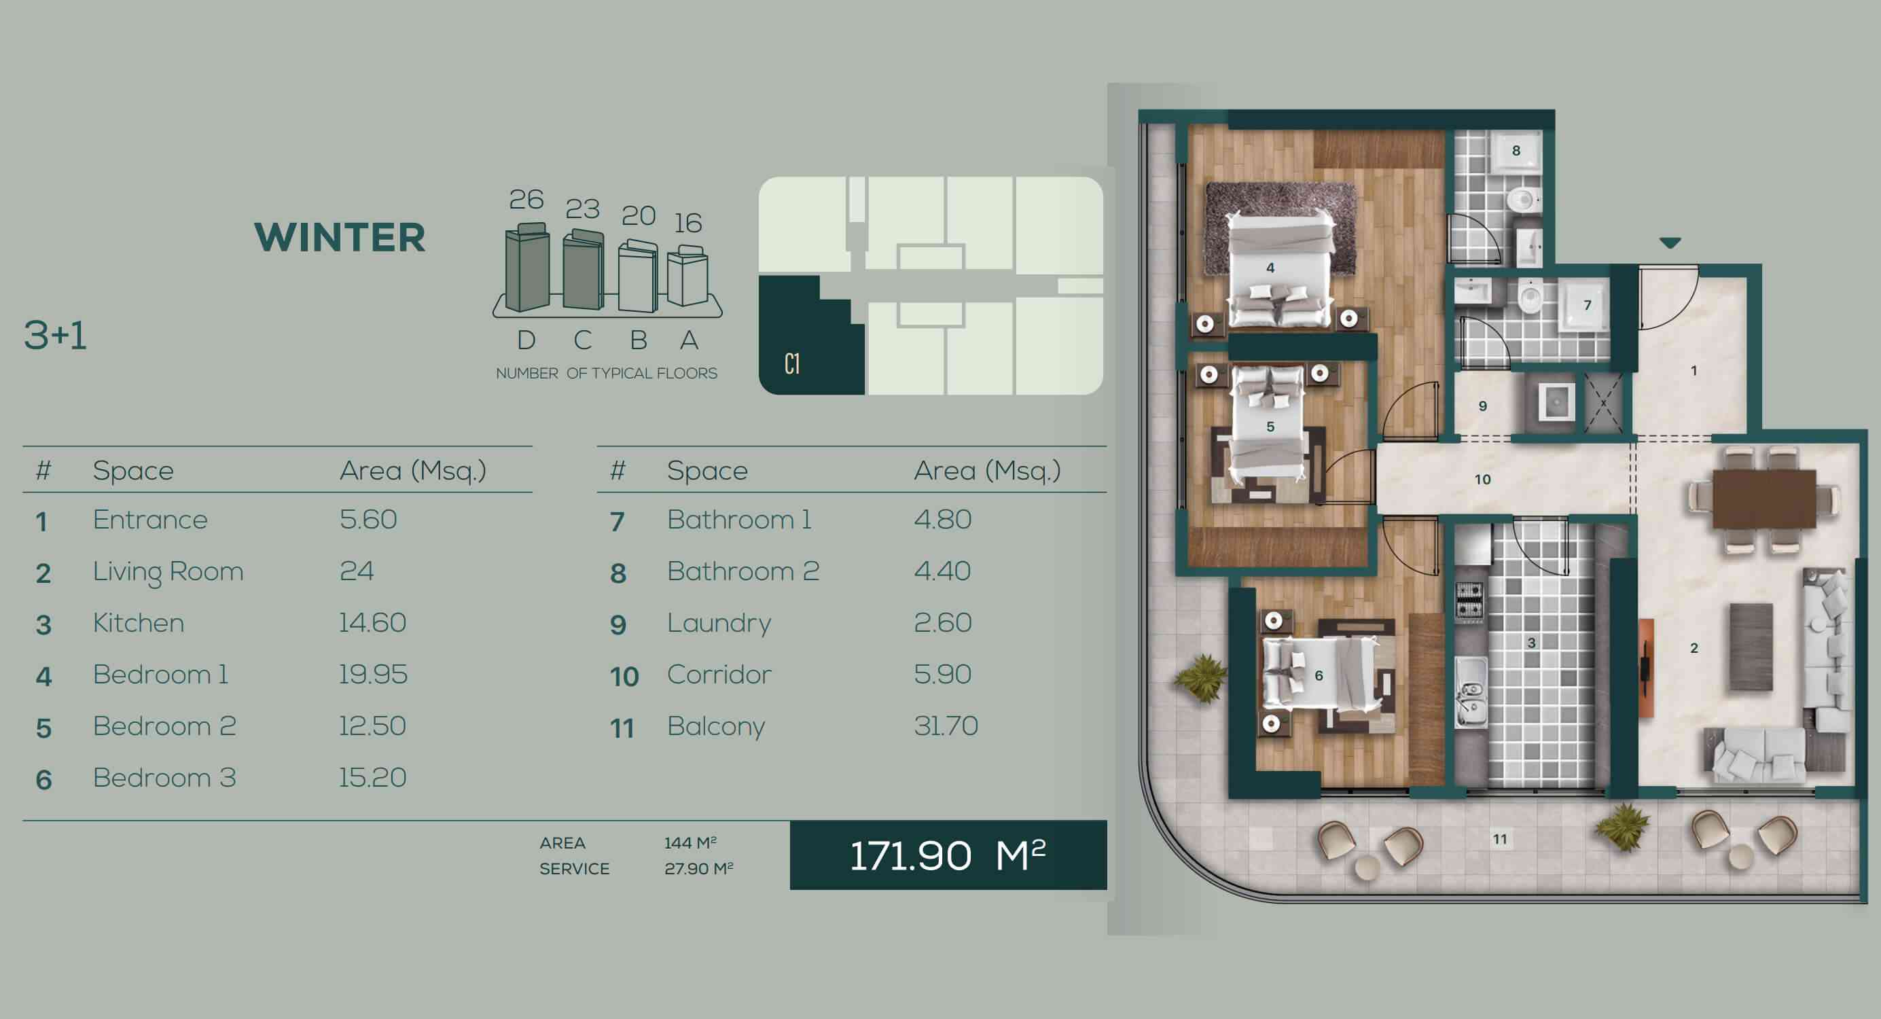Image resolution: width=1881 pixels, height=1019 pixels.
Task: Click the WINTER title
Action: coord(340,237)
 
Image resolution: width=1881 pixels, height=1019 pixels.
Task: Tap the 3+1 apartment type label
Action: coord(56,336)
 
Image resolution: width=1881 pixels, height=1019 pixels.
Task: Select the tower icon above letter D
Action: coord(527,268)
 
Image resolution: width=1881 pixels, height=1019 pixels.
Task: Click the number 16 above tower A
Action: coord(688,223)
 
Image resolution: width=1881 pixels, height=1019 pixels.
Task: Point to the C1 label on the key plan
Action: coord(792,363)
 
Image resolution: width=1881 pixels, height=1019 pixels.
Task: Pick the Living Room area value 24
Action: coord(357,571)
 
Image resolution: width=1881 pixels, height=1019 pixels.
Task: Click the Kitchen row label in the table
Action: coord(139,623)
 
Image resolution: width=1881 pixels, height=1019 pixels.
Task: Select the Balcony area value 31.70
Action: coord(946,726)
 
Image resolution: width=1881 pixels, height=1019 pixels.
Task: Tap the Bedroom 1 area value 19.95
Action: coord(373,674)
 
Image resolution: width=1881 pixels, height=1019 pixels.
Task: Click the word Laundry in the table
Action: coord(719,624)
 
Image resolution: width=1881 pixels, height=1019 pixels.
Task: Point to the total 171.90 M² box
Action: coord(948,855)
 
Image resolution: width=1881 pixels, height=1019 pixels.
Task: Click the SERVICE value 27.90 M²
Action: coord(699,868)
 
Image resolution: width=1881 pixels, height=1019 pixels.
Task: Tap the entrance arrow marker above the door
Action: coord(1670,243)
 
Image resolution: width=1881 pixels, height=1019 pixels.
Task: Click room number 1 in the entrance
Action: coord(1694,370)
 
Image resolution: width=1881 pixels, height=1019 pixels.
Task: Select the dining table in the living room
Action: coord(1763,499)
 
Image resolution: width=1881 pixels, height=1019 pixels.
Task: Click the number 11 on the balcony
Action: coord(1500,839)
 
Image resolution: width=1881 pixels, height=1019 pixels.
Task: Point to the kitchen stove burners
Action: coord(1470,601)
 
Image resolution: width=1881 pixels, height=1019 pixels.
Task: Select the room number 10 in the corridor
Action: coord(1482,480)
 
